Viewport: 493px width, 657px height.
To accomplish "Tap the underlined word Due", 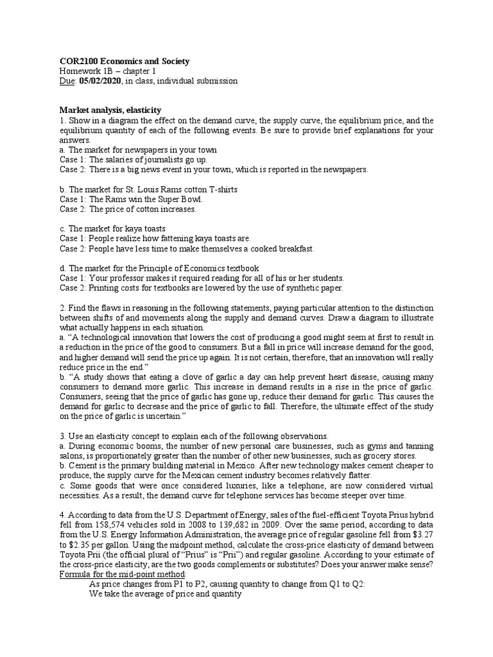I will (x=67, y=81).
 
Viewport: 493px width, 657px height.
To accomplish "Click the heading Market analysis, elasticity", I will (x=110, y=110).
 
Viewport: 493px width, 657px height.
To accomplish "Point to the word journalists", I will (x=161, y=160).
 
